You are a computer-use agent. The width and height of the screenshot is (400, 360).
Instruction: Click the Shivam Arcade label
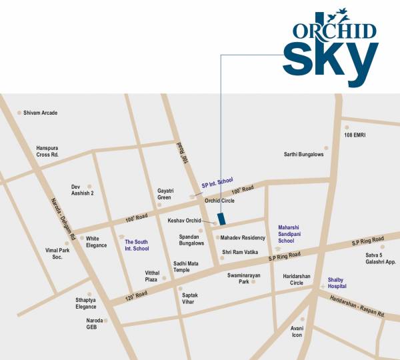40,113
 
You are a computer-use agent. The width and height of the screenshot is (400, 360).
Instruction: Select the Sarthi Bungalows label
303,155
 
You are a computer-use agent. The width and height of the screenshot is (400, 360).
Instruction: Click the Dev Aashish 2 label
83,190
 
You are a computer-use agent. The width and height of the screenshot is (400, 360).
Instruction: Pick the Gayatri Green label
165,194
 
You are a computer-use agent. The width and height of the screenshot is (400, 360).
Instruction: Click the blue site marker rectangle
221,219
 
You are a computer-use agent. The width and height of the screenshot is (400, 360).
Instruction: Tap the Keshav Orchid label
183,219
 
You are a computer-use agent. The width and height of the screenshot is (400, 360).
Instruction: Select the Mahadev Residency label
243,237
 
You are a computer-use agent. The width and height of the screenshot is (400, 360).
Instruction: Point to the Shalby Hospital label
337,283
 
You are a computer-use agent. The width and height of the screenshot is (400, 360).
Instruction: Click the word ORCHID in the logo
333,31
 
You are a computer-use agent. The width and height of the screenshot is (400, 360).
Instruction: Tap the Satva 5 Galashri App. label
381,258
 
